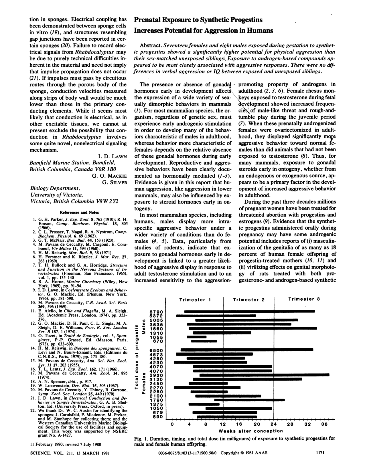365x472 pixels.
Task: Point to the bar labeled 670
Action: (x=204, y=341)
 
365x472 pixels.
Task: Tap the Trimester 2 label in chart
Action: (x=248, y=300)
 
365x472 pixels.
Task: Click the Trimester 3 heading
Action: (x=304, y=299)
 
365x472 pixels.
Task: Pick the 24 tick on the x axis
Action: (x=274, y=424)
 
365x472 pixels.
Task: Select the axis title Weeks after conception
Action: (x=250, y=431)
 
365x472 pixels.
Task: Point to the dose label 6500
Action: (x=156, y=350)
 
